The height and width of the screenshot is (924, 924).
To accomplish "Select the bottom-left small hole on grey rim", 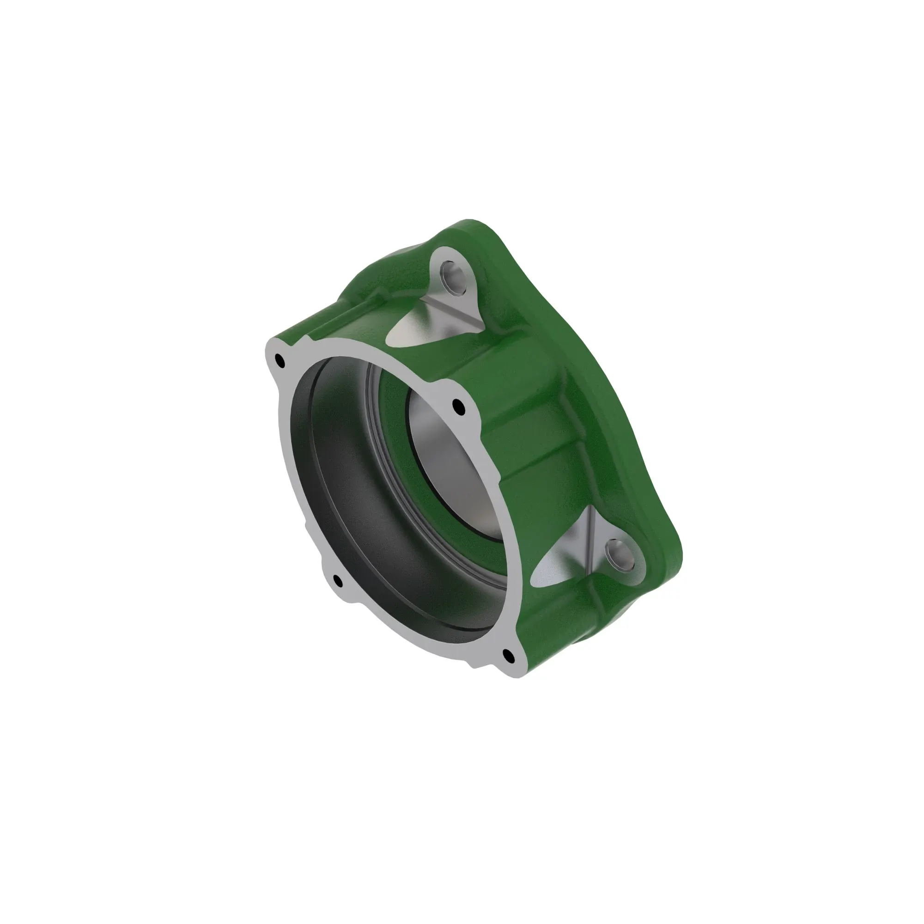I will [338, 581].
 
